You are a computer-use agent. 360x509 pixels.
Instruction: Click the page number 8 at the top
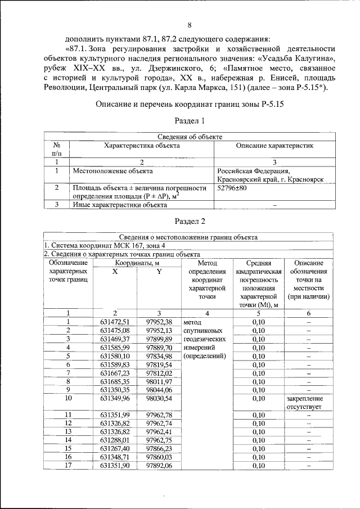coord(189,25)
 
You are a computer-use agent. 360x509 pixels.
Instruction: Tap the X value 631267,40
coord(115,448)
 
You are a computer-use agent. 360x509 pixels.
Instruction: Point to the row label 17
coord(68,465)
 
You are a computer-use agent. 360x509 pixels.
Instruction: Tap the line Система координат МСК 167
coord(105,246)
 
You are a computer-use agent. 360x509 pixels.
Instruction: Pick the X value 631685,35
coord(115,381)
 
